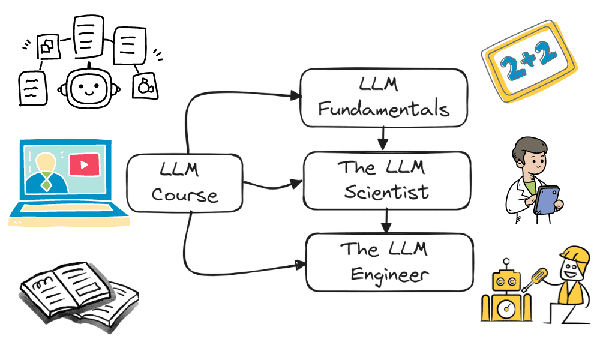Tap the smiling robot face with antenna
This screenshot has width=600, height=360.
pyautogui.click(x=89, y=88)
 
